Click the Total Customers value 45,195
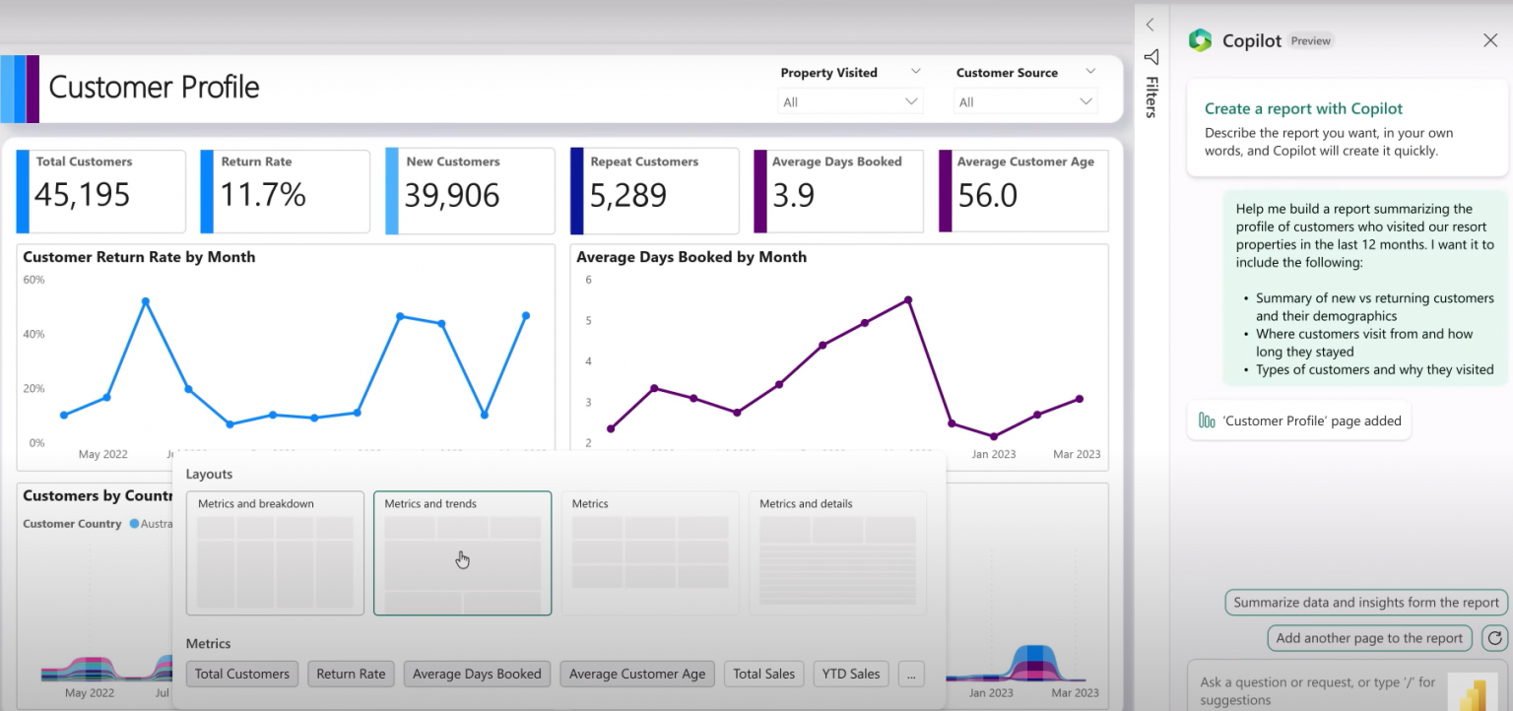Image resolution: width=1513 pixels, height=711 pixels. (83, 195)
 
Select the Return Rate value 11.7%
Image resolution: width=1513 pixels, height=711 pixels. (262, 195)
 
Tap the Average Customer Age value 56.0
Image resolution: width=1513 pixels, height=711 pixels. (987, 195)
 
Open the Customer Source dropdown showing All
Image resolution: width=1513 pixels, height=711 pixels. (1025, 101)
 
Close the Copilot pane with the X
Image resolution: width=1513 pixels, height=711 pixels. (1489, 40)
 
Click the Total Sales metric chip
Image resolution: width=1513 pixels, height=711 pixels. (764, 674)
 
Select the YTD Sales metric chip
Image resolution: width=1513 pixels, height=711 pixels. (851, 674)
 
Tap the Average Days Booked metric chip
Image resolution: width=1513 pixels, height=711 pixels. (477, 674)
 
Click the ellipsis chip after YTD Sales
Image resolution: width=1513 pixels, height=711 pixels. (911, 674)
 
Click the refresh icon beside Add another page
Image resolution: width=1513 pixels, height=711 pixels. (1494, 638)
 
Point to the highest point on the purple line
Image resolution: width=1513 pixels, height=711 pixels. (907, 300)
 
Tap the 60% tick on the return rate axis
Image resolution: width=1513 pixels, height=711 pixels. (33, 280)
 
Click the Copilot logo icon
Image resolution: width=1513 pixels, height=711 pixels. (1200, 40)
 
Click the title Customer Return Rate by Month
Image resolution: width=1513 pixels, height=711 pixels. (139, 257)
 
